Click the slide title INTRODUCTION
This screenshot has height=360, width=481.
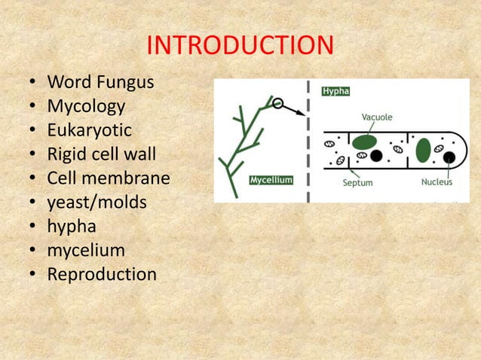tap(240, 46)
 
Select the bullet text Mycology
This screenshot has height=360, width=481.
tap(86, 105)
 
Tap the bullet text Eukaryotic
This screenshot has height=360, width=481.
tap(89, 130)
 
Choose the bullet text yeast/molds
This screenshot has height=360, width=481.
tap(97, 202)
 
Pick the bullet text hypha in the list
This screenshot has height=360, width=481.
tap(72, 226)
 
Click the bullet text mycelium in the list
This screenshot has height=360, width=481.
tap(86, 250)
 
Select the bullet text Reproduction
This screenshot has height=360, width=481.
tap(102, 274)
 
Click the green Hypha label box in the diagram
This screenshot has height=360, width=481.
tap(336, 90)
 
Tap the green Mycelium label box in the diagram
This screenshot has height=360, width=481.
tap(271, 181)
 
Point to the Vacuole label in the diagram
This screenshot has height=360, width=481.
tap(376, 117)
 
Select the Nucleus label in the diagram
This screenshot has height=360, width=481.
tap(437, 182)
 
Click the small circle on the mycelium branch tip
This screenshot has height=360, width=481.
tap(278, 103)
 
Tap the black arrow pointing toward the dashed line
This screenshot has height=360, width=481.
tap(295, 111)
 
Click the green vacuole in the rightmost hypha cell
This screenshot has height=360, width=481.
tap(423, 149)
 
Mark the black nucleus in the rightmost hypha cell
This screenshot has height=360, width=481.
tap(449, 157)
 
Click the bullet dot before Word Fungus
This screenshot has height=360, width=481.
tap(34, 82)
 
